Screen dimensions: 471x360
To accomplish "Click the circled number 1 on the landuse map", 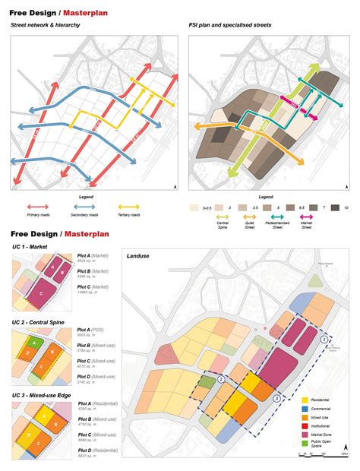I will (x=324, y=340).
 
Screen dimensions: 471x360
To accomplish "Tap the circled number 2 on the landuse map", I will (x=221, y=379).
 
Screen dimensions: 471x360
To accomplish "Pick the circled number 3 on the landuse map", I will (x=277, y=397).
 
